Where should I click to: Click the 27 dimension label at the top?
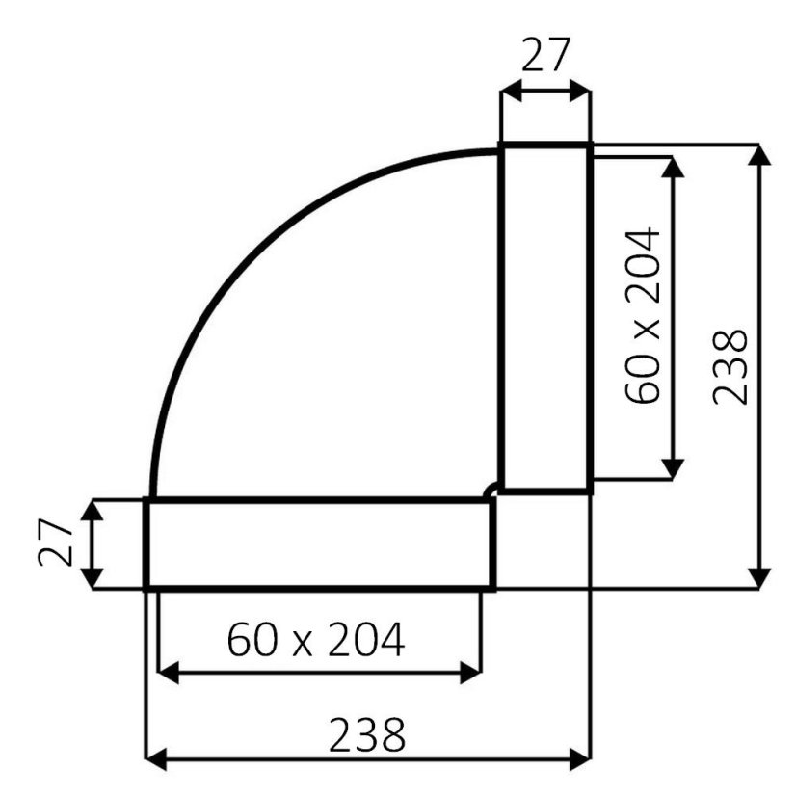click(546, 54)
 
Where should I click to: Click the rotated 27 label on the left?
click(56, 542)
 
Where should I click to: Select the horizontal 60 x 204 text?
click(316, 640)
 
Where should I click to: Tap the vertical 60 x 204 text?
click(643, 316)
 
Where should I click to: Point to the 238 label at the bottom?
click(367, 734)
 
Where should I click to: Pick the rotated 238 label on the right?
click(730, 367)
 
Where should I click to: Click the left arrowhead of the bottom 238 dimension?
click(156, 759)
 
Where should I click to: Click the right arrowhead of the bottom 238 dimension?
click(580, 759)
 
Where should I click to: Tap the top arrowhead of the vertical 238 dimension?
click(759, 155)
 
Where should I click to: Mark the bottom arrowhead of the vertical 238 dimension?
click(759, 579)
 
